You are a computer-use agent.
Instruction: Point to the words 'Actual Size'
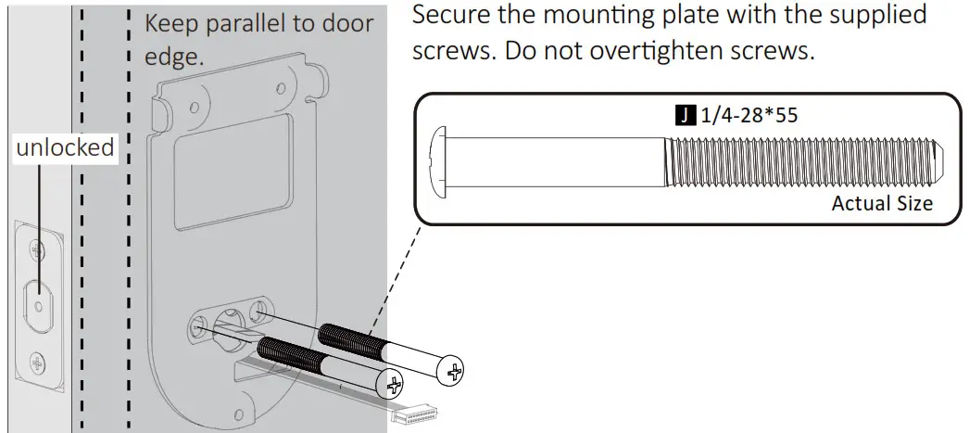pyautogui.click(x=881, y=203)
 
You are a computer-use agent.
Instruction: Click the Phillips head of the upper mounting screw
pyautogui.click(x=453, y=373)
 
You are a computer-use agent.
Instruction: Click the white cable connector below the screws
pyautogui.click(x=414, y=417)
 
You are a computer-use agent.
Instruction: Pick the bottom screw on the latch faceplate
pyautogui.click(x=36, y=361)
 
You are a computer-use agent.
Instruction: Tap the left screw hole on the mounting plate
pyautogui.click(x=198, y=325)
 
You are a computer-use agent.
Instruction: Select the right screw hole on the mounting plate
pyautogui.click(x=260, y=308)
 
